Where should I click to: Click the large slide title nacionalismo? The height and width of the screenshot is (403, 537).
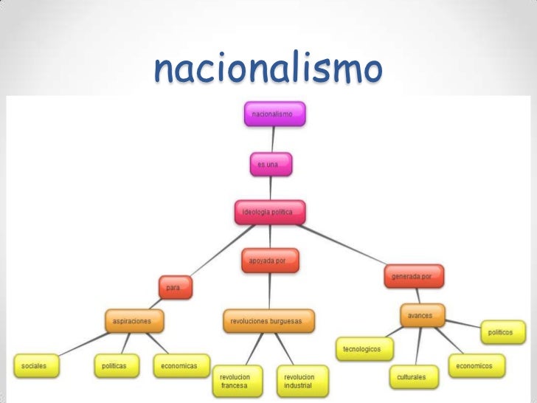(x=268, y=70)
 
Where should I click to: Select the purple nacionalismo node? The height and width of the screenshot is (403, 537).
(x=274, y=114)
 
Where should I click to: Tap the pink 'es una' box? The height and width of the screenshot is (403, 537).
(x=271, y=165)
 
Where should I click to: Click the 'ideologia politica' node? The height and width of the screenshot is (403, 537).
(x=268, y=213)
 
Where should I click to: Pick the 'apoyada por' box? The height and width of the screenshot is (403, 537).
(x=270, y=261)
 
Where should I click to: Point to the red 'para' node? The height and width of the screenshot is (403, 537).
(x=176, y=286)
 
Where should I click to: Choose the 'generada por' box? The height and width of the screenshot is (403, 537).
(x=413, y=276)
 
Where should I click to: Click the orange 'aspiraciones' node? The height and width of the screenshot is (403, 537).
(x=133, y=321)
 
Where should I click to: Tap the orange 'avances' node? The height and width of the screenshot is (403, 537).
(x=422, y=315)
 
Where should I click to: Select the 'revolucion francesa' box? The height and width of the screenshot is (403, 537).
(x=238, y=381)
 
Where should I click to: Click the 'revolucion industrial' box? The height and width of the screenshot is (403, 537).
(x=302, y=381)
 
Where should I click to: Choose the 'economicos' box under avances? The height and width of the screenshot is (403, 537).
(x=477, y=365)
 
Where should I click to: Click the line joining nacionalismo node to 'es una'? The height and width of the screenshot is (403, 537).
(x=272, y=139)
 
